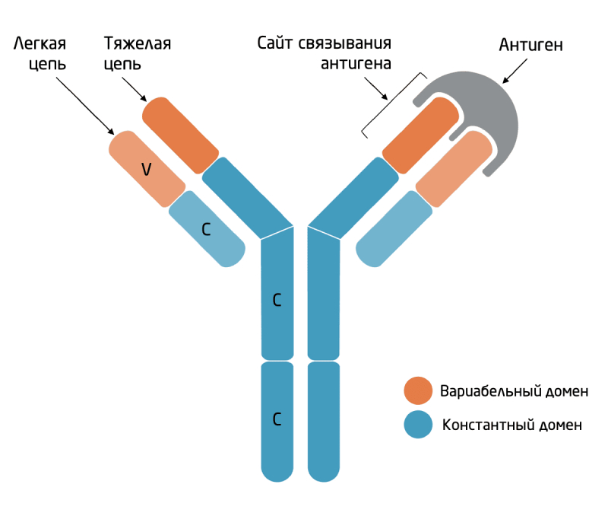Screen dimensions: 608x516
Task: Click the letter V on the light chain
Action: coord(146,169)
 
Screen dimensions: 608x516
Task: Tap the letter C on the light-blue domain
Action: coord(206,230)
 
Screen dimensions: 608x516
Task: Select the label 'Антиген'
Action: coord(530,45)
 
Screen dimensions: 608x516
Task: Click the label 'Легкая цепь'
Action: coord(40,53)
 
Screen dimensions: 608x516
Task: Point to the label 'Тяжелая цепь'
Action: coord(138,53)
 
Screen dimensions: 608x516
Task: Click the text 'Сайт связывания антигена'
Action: coord(325,53)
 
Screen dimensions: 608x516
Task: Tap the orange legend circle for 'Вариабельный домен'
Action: coord(418,390)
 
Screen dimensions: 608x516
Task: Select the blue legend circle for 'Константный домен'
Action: coord(418,425)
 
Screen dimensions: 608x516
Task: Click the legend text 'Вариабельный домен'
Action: coord(514,391)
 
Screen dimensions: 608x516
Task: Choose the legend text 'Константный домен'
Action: coord(511,425)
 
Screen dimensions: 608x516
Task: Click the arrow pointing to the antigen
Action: coord(515,71)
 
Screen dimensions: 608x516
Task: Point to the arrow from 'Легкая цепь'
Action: coord(85,106)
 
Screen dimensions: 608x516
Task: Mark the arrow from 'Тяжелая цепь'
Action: coord(135,89)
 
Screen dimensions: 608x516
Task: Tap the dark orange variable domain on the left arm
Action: coord(180,135)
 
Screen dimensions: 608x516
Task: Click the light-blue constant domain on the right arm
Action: coord(394,228)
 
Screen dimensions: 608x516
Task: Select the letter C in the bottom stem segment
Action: coord(277,419)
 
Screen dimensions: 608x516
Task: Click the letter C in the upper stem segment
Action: coord(277,300)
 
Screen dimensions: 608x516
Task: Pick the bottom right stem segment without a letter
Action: coord(324,422)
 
